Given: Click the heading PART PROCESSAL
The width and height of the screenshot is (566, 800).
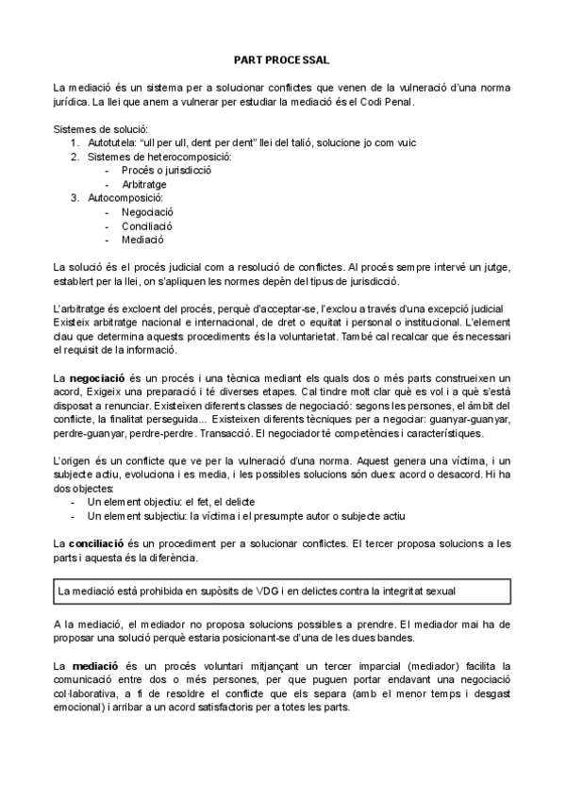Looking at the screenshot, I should click(x=283, y=58).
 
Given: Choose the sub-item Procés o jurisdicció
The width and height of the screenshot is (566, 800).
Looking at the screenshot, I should click(x=166, y=171).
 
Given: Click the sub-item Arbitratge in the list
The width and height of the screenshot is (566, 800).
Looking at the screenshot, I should click(x=144, y=185).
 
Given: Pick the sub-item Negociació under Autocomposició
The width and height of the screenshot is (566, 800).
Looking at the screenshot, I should click(x=148, y=212).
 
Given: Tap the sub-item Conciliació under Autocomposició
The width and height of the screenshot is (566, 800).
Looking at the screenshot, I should click(x=147, y=226).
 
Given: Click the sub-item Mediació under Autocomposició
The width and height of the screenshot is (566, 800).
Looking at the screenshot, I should click(x=142, y=241).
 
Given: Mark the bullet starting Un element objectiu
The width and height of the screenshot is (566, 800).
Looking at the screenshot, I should click(x=170, y=502).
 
